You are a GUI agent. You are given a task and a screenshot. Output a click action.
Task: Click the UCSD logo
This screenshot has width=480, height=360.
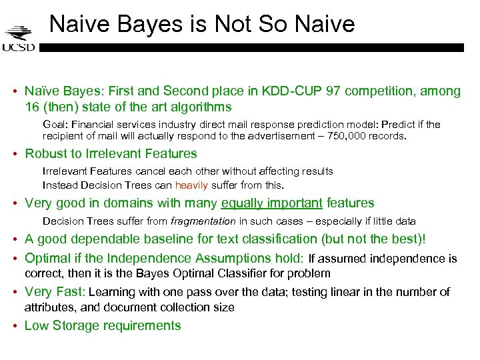pos(19,39)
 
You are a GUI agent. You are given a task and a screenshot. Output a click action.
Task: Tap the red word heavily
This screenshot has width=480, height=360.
pos(192,185)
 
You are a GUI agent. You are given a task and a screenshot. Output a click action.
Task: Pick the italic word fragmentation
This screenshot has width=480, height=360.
pos(203,221)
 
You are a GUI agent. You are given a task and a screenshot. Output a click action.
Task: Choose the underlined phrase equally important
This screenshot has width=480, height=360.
pos(272,203)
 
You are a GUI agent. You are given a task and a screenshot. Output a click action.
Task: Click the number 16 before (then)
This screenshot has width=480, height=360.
pos(32,107)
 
